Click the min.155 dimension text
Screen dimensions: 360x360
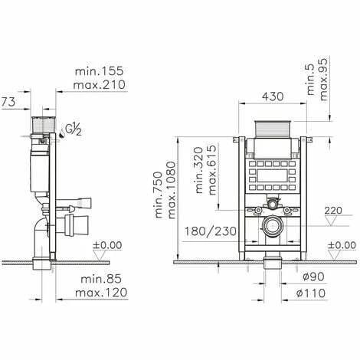(99, 71)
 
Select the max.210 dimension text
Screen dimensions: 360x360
(100, 84)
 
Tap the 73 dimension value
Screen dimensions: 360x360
(8, 102)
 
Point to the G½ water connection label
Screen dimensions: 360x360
(74, 130)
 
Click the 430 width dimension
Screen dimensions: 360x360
(273, 97)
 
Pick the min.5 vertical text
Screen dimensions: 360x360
(312, 80)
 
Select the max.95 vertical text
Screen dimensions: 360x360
(323, 80)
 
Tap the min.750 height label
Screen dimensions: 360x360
(159, 195)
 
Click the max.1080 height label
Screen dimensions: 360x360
(172, 190)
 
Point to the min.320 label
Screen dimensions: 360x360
(199, 170)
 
